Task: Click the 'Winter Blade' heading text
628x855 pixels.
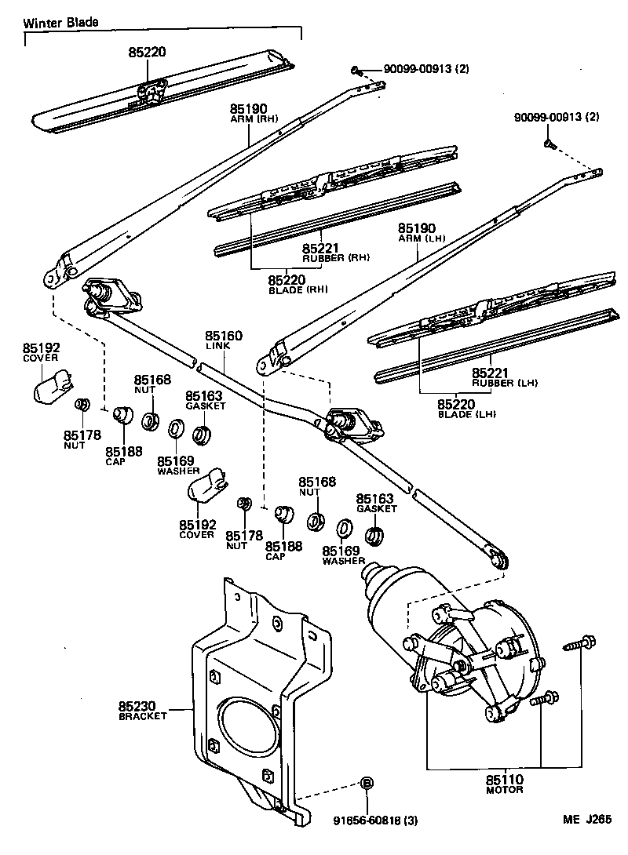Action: (60, 23)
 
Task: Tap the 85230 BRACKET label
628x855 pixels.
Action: (143, 711)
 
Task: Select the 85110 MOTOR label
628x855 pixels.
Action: (504, 784)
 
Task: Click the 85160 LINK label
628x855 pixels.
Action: (224, 340)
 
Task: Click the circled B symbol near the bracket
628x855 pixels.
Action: (367, 783)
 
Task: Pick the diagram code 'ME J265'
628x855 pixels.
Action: (586, 820)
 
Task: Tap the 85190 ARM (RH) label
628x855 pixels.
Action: (250, 114)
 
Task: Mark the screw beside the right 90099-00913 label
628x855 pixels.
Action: (549, 144)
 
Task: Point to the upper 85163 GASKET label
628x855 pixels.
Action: (205, 401)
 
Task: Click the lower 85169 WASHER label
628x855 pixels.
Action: (343, 555)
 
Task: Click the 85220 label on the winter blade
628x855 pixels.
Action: (148, 53)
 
